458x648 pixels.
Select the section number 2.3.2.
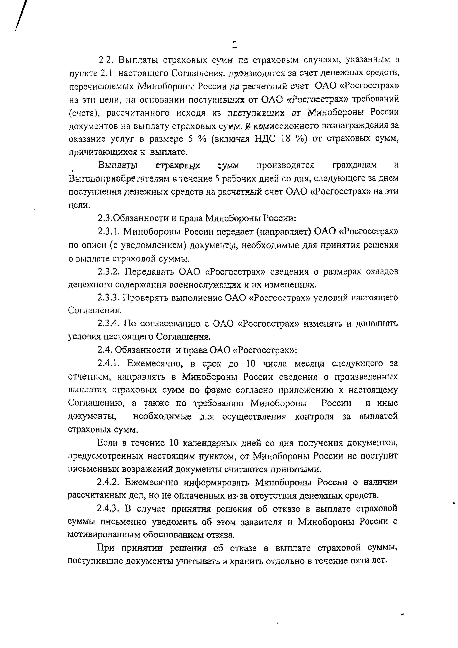(x=109, y=272)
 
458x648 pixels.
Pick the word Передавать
(x=149, y=272)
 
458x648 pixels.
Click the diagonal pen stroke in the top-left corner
(x=21, y=16)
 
